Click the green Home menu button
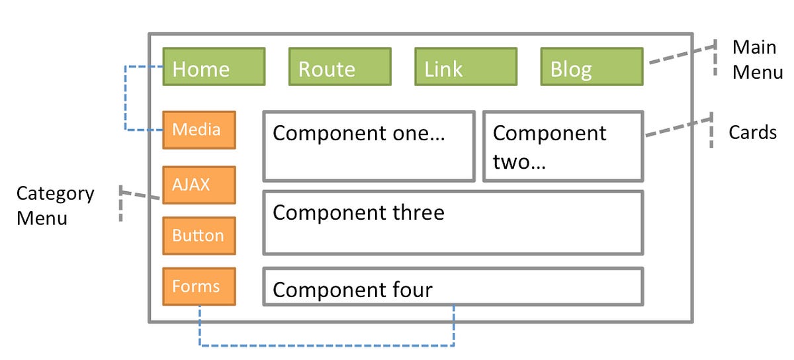(x=214, y=67)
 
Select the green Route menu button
(x=339, y=67)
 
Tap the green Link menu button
(x=465, y=67)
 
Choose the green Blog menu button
(x=592, y=67)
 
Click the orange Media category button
(x=199, y=130)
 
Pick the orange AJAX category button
(x=199, y=185)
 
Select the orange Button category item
(x=199, y=236)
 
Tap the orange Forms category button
(x=199, y=287)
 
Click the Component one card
(x=369, y=146)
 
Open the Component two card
(x=562, y=146)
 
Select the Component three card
(x=453, y=223)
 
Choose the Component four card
(x=453, y=287)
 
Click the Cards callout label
(x=752, y=132)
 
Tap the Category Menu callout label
(x=55, y=205)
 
